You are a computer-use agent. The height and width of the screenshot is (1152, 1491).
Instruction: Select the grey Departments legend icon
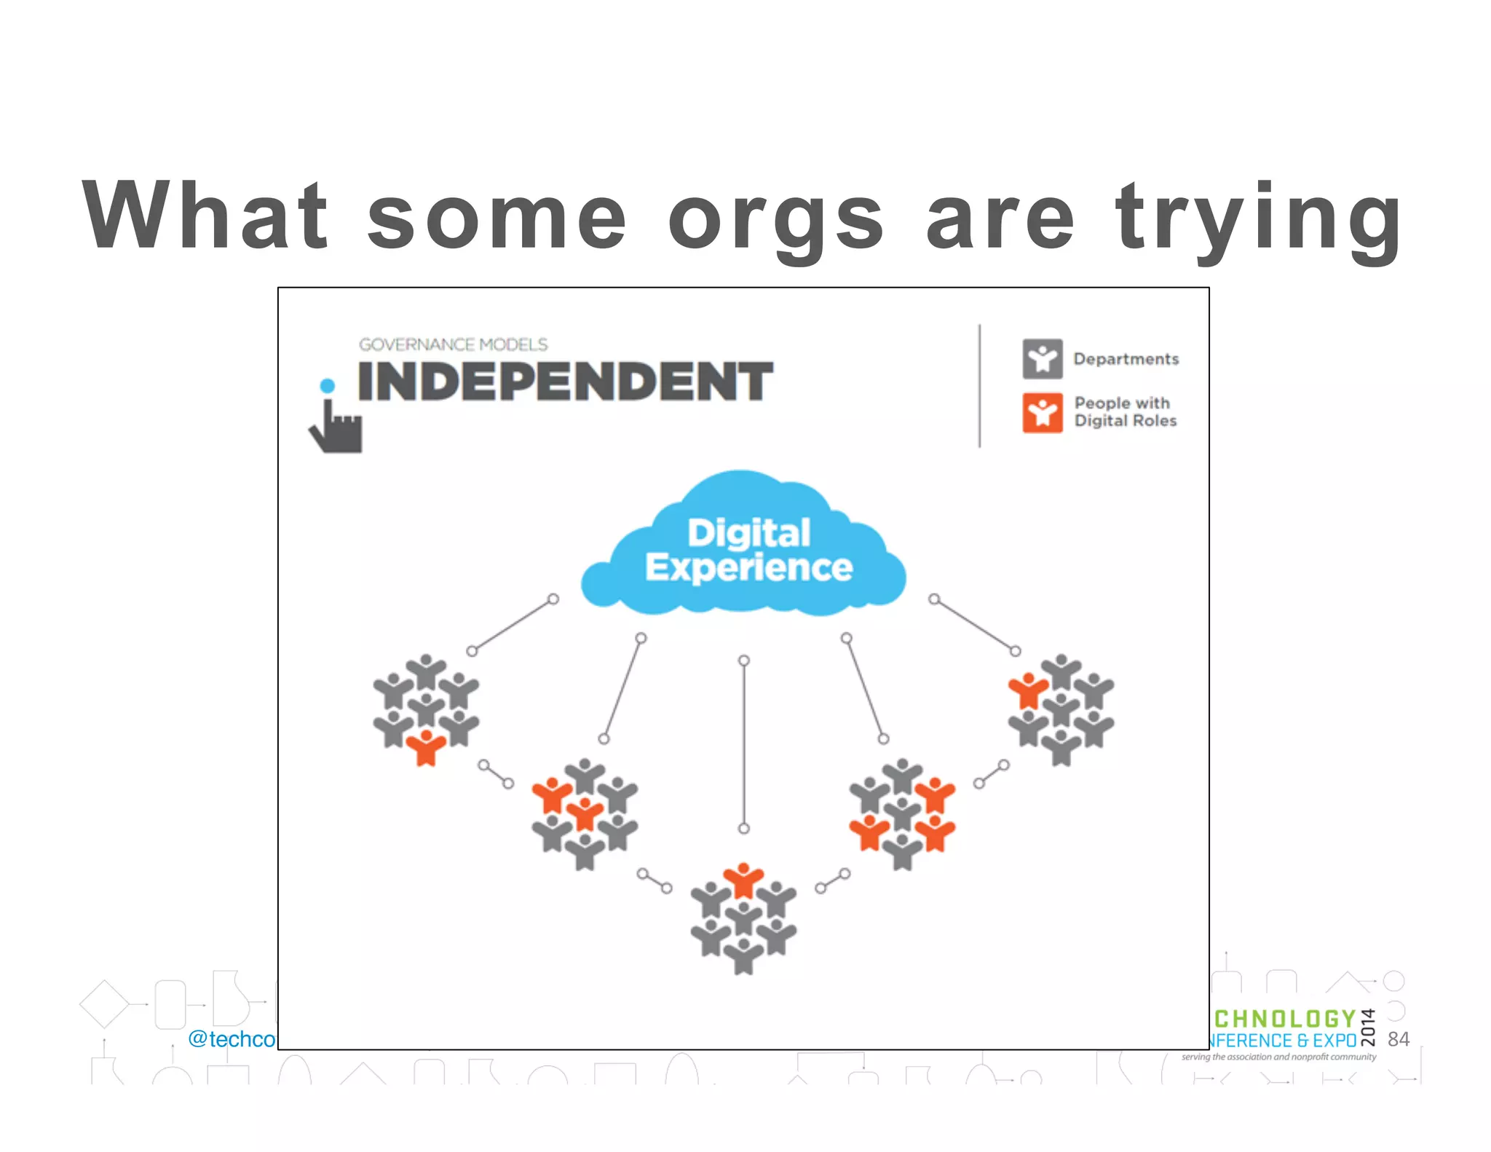[x=1042, y=358]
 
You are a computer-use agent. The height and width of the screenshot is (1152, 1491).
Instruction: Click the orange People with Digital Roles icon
[x=1042, y=413]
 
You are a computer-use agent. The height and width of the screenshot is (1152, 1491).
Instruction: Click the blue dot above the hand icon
[x=328, y=385]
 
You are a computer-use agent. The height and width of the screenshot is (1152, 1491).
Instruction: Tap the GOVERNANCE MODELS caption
[x=453, y=344]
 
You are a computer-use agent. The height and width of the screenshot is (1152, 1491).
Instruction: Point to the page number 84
[x=1399, y=1039]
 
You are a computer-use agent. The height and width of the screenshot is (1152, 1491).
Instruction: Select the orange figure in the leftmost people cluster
[x=426, y=746]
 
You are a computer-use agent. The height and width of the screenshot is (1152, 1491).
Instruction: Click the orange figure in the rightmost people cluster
[x=1028, y=689]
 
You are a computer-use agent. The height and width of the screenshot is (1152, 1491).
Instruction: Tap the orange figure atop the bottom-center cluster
[x=743, y=880]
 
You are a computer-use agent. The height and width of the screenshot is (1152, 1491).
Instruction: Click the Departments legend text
[x=1126, y=359]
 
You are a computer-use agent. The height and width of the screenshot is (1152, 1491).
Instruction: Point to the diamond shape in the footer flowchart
[x=104, y=1004]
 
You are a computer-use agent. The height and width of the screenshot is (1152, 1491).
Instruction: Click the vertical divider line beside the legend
[x=979, y=385]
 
